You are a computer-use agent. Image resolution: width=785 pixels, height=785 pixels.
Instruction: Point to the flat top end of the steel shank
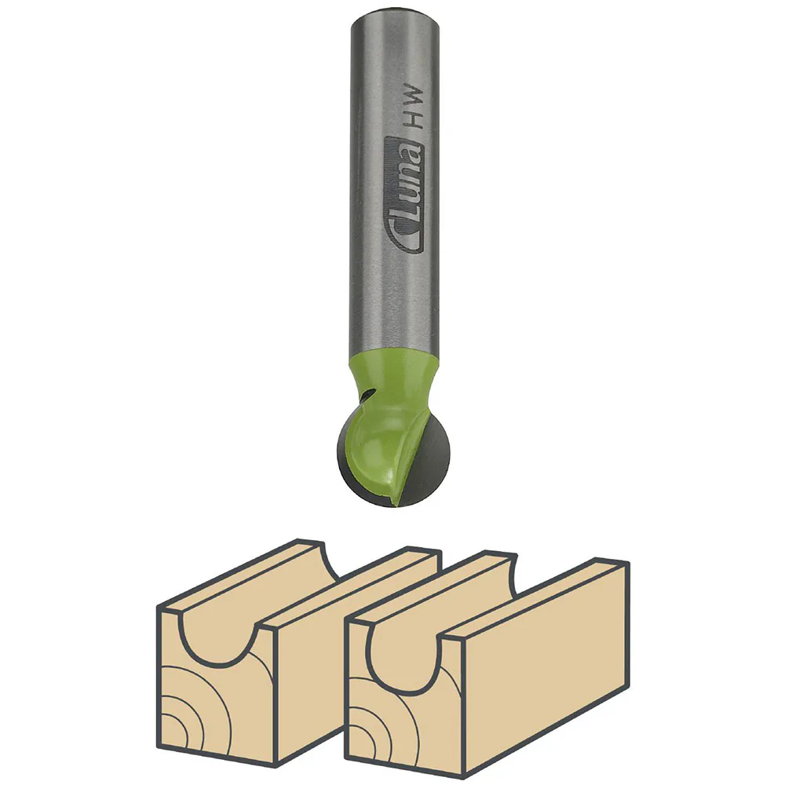393,12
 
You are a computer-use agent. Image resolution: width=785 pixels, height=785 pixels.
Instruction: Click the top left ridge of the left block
235,569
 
